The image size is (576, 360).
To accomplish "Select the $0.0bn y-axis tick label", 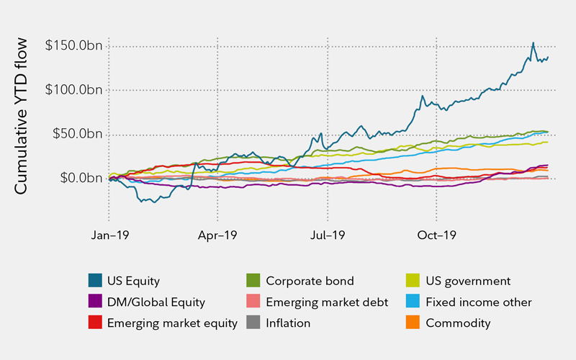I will pyautogui.click(x=73, y=179).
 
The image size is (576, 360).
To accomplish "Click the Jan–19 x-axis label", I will pyautogui.click(x=109, y=234).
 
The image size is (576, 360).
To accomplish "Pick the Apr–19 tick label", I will pyautogui.click(x=217, y=234).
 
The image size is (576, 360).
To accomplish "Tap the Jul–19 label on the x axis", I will pyautogui.click(x=327, y=234).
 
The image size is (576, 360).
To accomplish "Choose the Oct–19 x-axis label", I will pyautogui.click(x=437, y=234).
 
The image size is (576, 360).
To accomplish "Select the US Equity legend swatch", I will pyautogui.click(x=94, y=280).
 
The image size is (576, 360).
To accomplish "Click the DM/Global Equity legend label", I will pyautogui.click(x=156, y=302).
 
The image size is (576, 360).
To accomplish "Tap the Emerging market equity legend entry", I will pyautogui.click(x=172, y=323).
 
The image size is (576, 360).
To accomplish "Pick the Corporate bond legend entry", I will pyautogui.click(x=310, y=281).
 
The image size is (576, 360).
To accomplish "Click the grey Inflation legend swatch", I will pyautogui.click(x=253, y=323).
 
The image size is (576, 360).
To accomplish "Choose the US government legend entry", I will pyautogui.click(x=467, y=281).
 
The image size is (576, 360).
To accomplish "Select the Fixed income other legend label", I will pyautogui.click(x=479, y=302).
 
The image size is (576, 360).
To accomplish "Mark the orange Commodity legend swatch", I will pyautogui.click(x=413, y=323).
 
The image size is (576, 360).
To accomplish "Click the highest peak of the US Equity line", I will pyautogui.click(x=533, y=42).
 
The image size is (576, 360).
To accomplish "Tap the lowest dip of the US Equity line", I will pyautogui.click(x=142, y=202).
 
